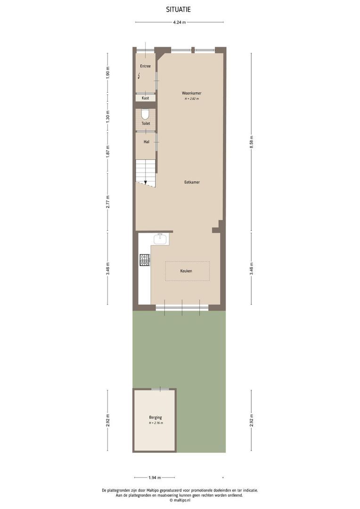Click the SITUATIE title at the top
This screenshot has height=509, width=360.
[179, 9]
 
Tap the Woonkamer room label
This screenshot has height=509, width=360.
[192, 93]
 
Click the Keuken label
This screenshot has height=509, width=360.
[186, 271]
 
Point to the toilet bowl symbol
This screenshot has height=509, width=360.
[146, 115]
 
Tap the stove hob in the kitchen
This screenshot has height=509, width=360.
[144, 259]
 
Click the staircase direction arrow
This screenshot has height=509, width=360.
[146, 182]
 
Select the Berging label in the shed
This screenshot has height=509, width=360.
[155, 417]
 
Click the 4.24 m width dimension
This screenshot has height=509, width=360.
[179, 22]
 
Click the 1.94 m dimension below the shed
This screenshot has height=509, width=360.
[155, 477]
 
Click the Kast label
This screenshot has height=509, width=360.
[145, 98]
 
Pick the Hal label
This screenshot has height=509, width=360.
[146, 141]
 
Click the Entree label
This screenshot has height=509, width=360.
[145, 66]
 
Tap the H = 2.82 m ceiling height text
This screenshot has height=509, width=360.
[192, 99]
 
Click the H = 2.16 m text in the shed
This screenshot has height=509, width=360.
[155, 423]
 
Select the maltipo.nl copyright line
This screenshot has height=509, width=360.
[179, 500]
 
